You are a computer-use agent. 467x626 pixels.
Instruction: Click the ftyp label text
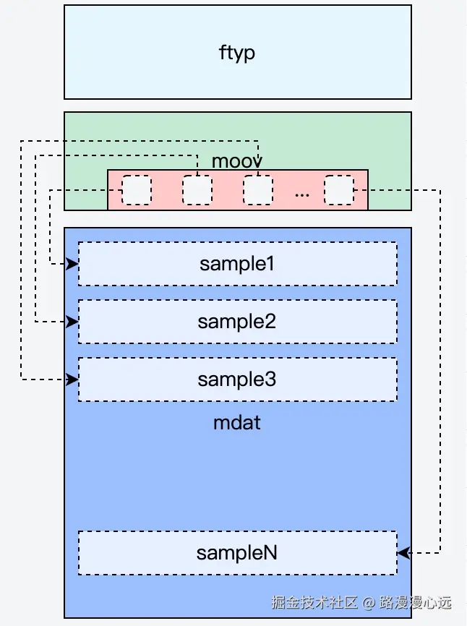[x=237, y=53]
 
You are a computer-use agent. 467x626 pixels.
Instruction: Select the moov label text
[x=236, y=160]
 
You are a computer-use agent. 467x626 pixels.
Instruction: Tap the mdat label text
[x=237, y=422]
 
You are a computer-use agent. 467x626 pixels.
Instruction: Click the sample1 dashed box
[x=237, y=264]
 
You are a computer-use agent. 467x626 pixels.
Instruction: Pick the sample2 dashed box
[x=237, y=322]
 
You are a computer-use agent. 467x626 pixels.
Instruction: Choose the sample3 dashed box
[x=237, y=380]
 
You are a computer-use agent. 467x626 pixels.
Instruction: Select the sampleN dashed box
[x=237, y=553]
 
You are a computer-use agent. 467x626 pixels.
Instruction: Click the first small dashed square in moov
[x=137, y=190]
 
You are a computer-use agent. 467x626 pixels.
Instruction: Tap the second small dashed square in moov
[x=197, y=190]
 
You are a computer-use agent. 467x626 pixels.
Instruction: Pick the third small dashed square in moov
[x=257, y=190]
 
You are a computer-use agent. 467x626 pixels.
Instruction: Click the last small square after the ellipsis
[x=338, y=190]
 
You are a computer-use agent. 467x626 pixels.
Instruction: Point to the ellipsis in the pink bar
[x=302, y=193]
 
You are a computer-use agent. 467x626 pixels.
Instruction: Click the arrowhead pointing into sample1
[x=72, y=264]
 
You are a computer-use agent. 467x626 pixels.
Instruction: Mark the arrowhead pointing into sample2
[x=72, y=321]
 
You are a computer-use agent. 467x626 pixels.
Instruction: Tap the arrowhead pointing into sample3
[x=72, y=379]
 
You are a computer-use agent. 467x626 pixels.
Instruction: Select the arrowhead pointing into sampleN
[x=403, y=553]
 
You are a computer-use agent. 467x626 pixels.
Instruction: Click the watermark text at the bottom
[x=361, y=601]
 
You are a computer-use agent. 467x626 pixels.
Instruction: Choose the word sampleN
[x=237, y=553]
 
